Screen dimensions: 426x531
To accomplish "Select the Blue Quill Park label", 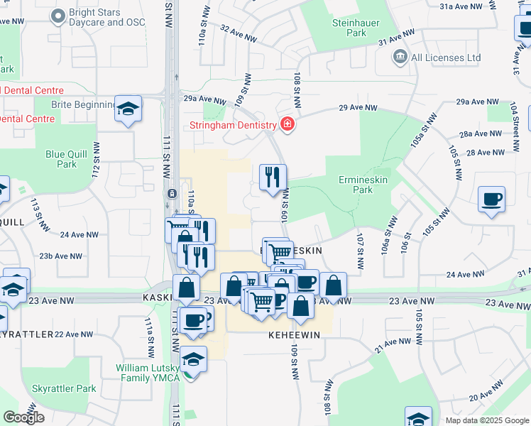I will [x=66, y=159].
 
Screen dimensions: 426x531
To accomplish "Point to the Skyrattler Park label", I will [x=64, y=388].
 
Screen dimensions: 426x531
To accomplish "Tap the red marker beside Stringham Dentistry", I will [x=287, y=125].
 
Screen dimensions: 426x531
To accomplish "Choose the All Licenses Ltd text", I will [x=446, y=58].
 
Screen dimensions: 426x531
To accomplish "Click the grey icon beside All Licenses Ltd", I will [x=400, y=57].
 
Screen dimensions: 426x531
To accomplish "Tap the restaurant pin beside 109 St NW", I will [x=273, y=177].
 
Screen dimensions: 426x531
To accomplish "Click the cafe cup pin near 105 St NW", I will [x=491, y=199].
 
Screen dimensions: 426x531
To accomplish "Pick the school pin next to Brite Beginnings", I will [x=128, y=109].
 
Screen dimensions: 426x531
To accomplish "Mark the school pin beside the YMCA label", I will [x=193, y=360].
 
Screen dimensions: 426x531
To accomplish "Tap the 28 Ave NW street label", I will [x=483, y=152].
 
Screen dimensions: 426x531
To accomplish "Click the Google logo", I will [x=23, y=417].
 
